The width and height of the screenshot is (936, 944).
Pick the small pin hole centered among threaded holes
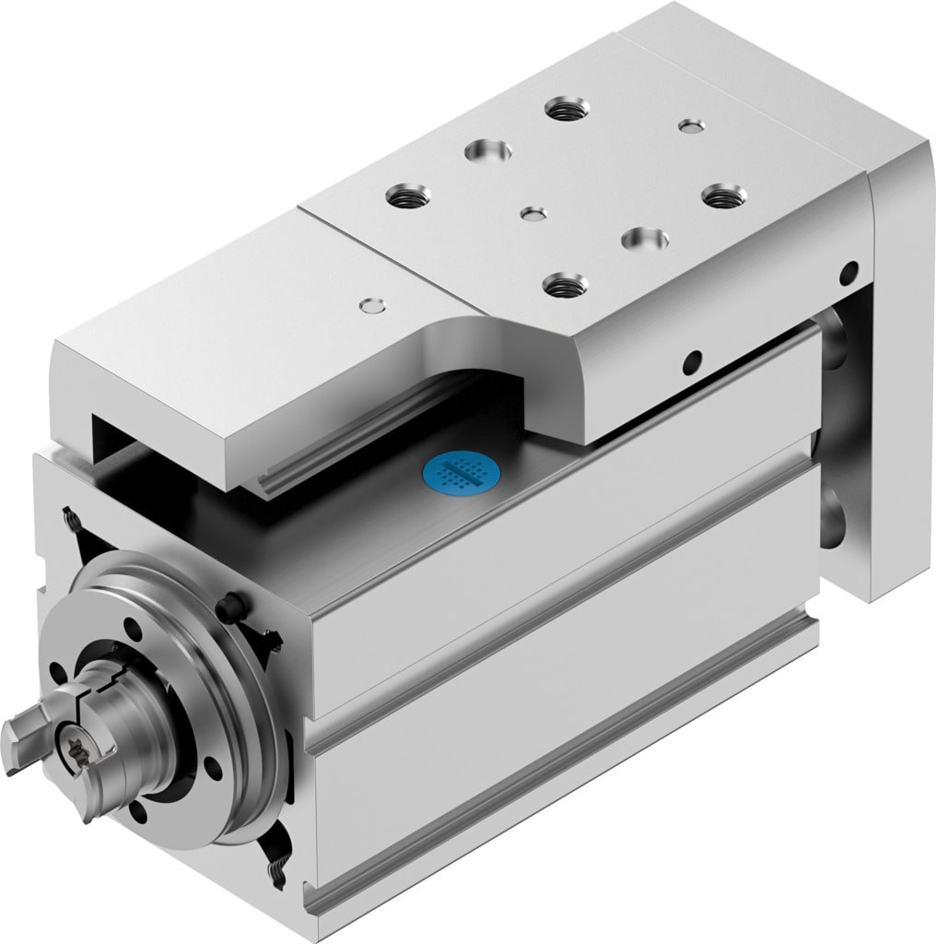(533, 213)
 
